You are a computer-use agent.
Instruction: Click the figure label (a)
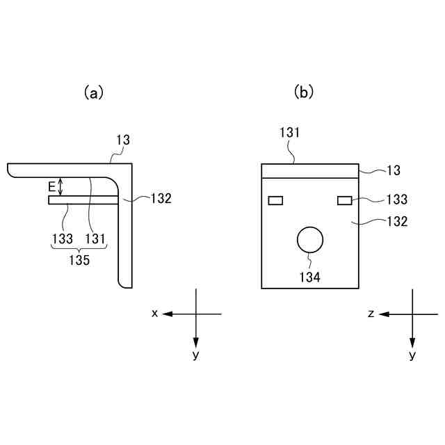click(x=93, y=92)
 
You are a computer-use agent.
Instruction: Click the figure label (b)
click(x=304, y=92)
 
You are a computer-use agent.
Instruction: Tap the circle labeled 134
click(x=310, y=240)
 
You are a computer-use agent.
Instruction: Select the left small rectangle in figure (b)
click(x=275, y=201)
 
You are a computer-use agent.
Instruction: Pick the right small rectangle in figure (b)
click(x=344, y=201)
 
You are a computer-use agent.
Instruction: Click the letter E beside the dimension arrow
click(x=51, y=186)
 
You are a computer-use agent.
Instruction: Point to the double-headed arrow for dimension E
click(x=61, y=186)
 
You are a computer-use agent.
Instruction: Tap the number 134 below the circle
click(x=310, y=277)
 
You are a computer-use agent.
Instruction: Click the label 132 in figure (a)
click(x=160, y=198)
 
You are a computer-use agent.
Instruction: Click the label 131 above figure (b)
click(x=291, y=131)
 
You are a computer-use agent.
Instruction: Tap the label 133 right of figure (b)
click(x=396, y=200)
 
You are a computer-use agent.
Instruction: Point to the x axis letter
click(x=154, y=314)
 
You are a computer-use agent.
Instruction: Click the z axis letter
click(x=371, y=314)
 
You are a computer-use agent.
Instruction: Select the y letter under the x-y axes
click(x=195, y=355)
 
